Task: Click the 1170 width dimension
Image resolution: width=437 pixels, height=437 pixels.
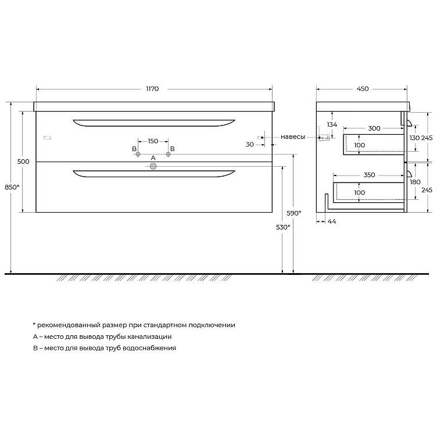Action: click(152, 89)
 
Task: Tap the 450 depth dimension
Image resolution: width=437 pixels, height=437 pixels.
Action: click(363, 89)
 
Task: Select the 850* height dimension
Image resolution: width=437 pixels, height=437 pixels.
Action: click(12, 187)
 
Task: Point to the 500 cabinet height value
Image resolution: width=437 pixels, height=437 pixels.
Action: click(23, 162)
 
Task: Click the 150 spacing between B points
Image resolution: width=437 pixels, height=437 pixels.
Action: click(153, 141)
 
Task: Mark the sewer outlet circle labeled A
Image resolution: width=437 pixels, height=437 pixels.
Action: click(153, 167)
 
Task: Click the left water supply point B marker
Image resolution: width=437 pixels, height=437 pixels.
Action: click(138, 154)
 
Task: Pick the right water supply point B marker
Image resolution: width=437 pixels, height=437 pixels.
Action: click(168, 154)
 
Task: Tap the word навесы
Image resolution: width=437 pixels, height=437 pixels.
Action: click(293, 137)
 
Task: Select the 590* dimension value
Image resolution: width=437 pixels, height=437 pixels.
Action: click(294, 213)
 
